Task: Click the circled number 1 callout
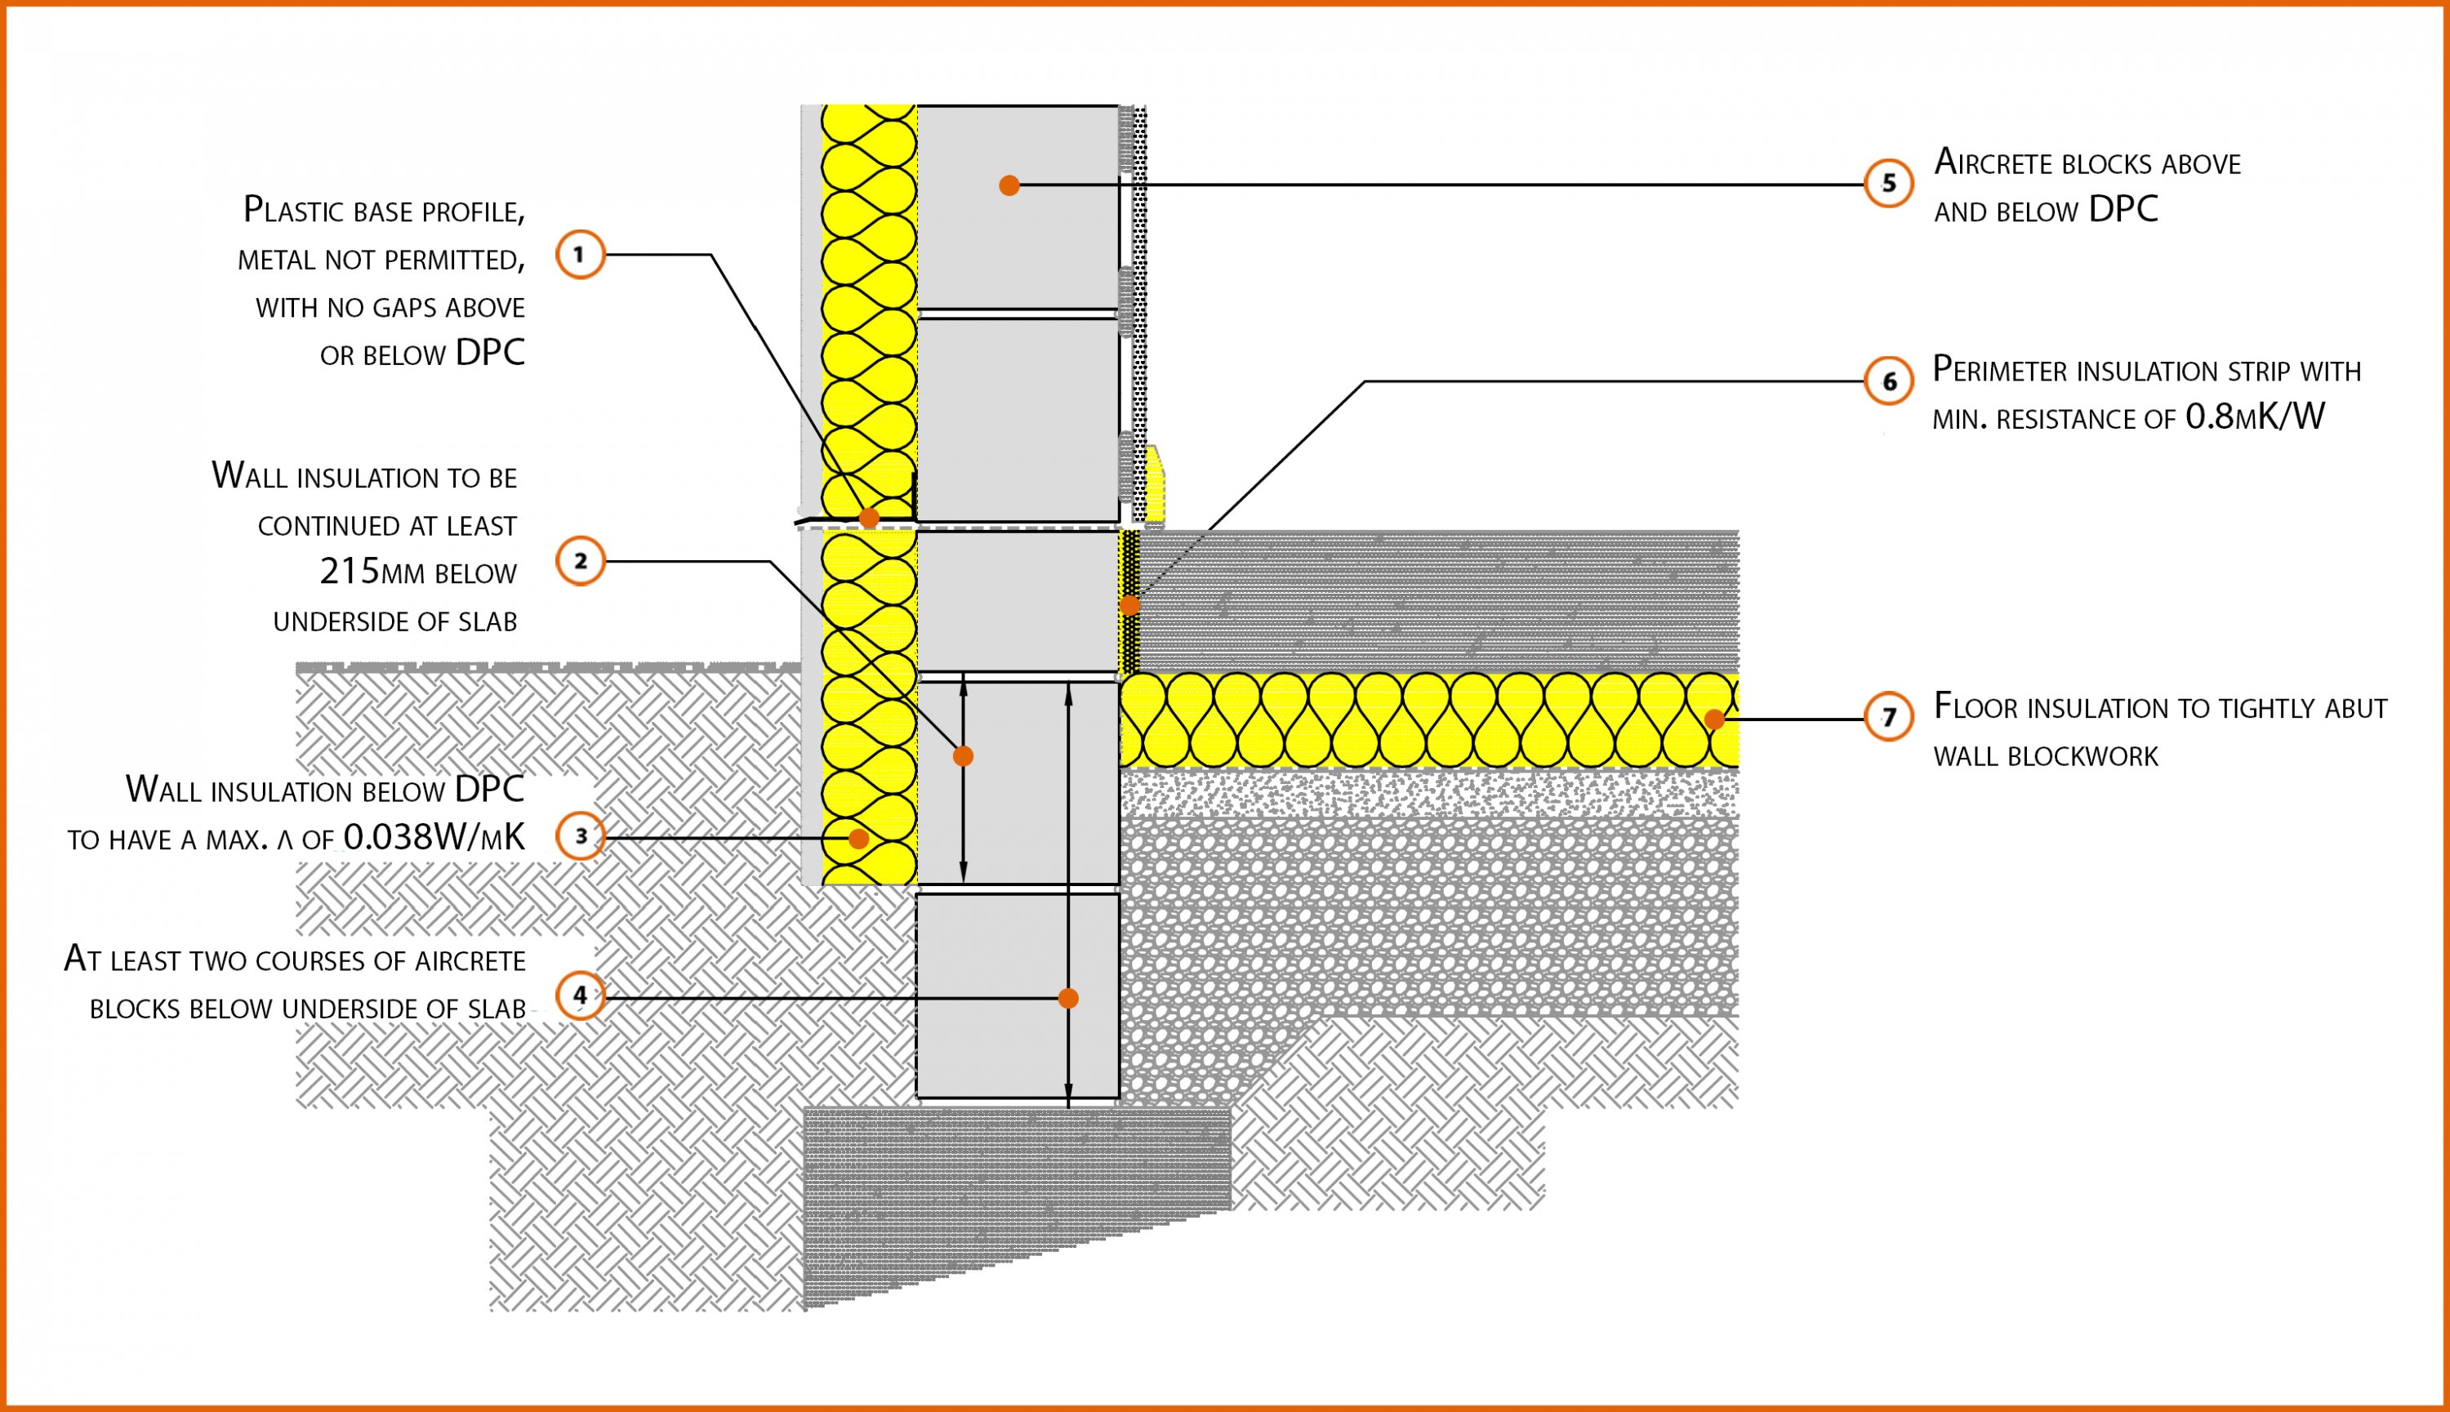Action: [x=580, y=255]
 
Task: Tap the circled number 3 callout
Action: [x=580, y=836]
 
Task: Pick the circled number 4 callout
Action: [x=580, y=995]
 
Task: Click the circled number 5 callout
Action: [x=1887, y=183]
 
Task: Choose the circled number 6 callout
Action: [x=1887, y=381]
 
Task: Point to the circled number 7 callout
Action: [x=1887, y=718]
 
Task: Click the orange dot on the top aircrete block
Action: [x=1009, y=185]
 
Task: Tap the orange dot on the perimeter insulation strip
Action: [x=1129, y=606]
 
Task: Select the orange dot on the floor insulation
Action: [x=1714, y=719]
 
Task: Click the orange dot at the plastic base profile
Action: [x=869, y=518]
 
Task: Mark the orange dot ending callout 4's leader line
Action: [x=1067, y=998]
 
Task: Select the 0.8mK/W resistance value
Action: [x=2254, y=417]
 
